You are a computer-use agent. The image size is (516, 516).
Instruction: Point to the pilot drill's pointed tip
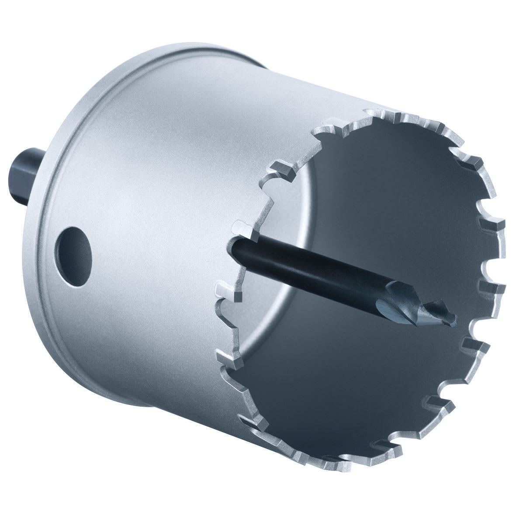pos(454,315)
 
